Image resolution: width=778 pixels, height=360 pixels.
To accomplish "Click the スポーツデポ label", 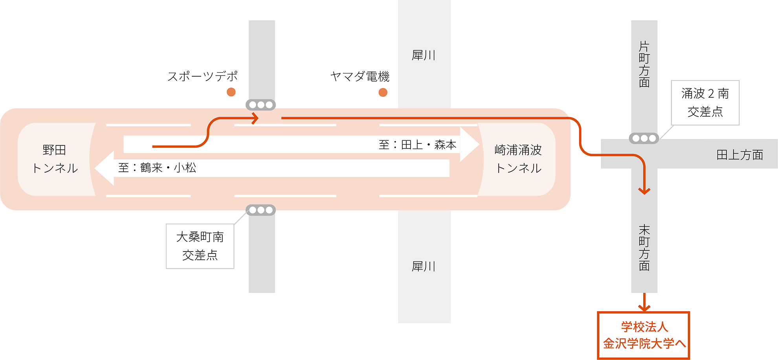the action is click(x=203, y=76).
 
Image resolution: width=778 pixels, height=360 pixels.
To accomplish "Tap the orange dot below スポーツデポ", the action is click(x=231, y=92).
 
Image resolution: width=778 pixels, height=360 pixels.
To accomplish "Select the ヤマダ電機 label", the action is click(x=360, y=76).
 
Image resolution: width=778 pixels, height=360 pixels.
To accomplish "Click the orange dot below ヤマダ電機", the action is click(x=383, y=92).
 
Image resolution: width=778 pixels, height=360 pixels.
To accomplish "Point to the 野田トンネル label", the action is click(x=55, y=159).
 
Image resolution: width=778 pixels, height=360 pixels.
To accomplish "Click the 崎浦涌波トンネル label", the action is click(x=518, y=159).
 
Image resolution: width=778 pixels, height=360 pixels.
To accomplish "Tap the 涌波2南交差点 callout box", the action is click(x=705, y=103).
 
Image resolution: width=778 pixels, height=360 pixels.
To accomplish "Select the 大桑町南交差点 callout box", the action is click(x=200, y=246).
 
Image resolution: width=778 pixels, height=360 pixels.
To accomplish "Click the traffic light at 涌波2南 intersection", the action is click(x=644, y=138).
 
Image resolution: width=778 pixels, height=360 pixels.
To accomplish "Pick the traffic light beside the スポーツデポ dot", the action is click(x=261, y=105).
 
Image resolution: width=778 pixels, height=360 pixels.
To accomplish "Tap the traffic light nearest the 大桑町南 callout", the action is click(x=261, y=210).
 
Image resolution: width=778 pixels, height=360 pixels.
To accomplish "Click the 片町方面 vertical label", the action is click(x=644, y=64).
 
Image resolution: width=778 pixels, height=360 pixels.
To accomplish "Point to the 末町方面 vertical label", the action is click(x=644, y=248).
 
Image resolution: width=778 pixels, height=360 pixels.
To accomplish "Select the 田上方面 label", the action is click(x=740, y=155).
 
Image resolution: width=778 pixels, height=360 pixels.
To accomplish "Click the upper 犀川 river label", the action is click(x=424, y=55).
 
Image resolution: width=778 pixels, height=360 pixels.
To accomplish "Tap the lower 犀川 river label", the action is click(x=424, y=266).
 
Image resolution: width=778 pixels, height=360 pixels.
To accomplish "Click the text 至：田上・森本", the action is click(x=418, y=145).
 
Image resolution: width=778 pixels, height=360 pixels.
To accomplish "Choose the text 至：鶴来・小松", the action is click(x=157, y=168).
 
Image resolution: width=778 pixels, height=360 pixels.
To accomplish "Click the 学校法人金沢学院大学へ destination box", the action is click(x=644, y=335).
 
